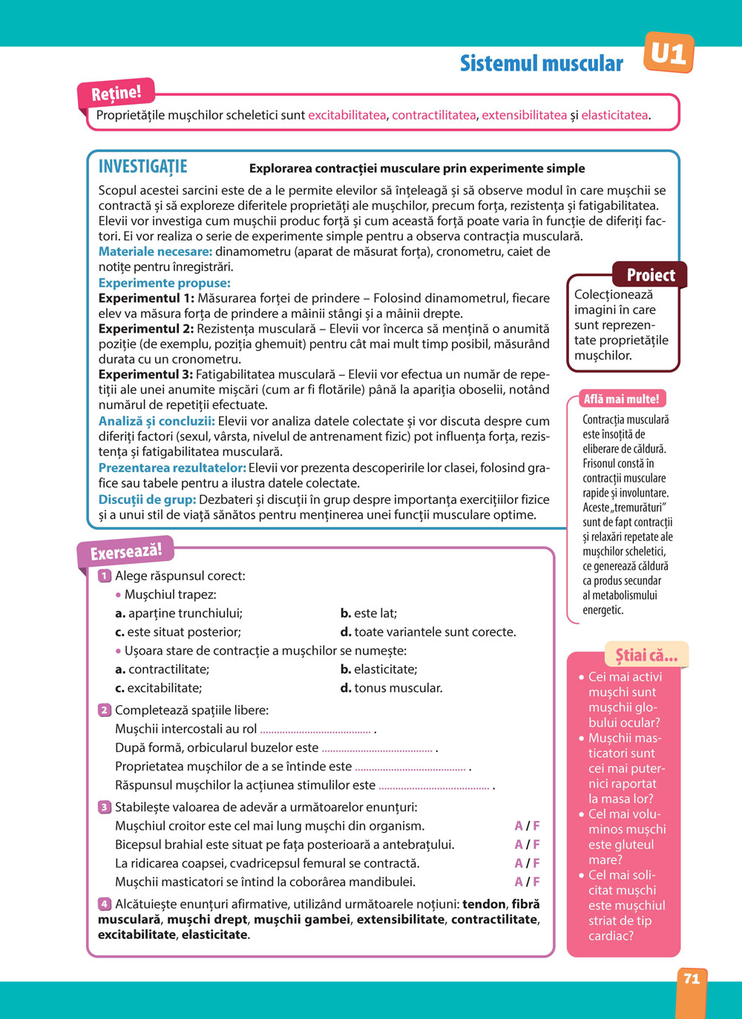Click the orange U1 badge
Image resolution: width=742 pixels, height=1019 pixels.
tap(669, 53)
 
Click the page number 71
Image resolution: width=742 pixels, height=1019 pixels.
tap(692, 979)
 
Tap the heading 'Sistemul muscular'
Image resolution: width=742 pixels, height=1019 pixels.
tap(541, 64)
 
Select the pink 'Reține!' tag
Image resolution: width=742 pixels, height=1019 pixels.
tap(116, 94)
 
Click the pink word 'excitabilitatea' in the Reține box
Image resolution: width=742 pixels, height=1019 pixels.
tap(347, 115)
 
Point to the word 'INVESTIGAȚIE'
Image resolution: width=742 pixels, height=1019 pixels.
tap(143, 167)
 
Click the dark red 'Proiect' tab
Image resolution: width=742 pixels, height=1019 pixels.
tap(650, 275)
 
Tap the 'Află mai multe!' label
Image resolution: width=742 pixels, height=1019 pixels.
tap(621, 399)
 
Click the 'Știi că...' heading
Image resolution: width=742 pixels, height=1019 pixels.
tap(646, 655)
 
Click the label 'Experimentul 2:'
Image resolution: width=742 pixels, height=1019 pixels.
tap(146, 329)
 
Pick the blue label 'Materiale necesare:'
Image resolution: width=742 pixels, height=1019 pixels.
tap(155, 252)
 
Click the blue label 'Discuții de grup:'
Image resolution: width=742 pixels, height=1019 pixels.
tap(147, 499)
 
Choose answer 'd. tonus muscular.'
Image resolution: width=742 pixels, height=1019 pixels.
tap(391, 688)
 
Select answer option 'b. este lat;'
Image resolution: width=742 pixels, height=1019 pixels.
tap(369, 613)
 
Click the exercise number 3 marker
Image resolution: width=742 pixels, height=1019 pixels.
tap(105, 807)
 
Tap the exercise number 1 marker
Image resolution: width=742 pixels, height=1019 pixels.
tap(105, 576)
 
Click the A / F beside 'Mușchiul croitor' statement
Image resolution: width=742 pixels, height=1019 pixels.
tap(527, 826)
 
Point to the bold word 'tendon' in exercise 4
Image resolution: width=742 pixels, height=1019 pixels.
tap(484, 904)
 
